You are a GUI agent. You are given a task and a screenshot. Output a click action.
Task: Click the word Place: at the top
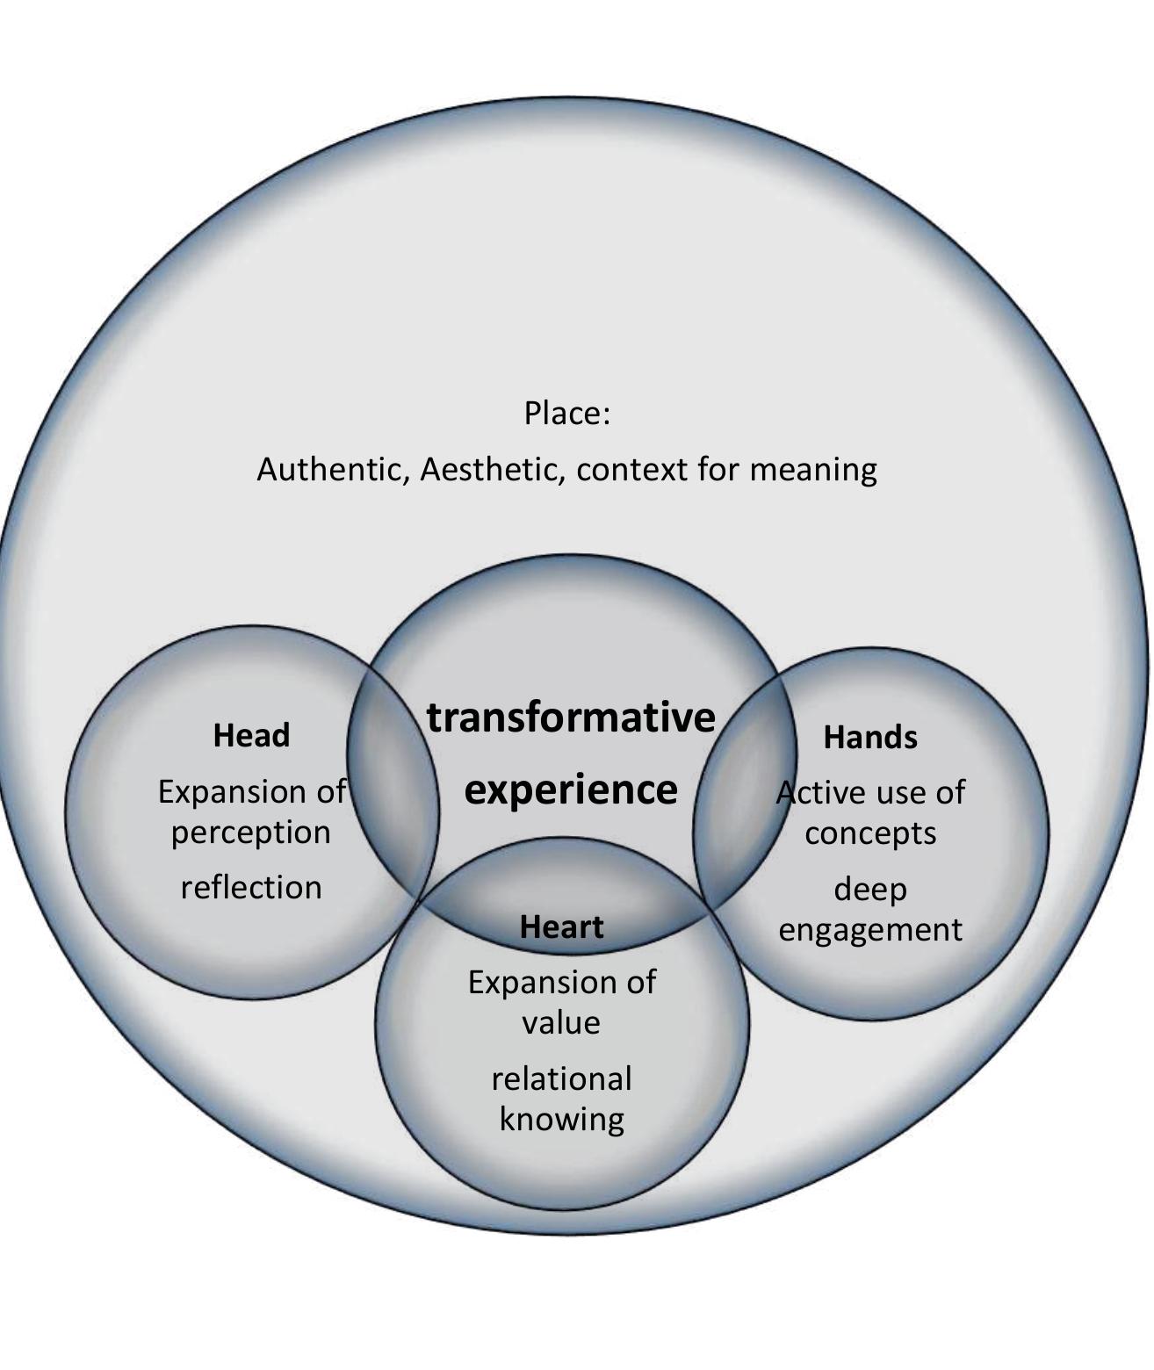tap(566, 413)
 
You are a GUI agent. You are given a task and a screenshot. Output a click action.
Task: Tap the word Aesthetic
tap(493, 470)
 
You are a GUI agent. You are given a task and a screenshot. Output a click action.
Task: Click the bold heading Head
tap(251, 735)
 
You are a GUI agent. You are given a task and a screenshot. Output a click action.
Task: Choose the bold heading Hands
tap(870, 737)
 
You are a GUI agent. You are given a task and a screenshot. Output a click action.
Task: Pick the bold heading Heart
tap(561, 927)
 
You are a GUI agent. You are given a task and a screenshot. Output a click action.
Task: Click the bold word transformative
tap(571, 717)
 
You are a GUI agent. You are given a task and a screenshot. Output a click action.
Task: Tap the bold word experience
tap(571, 789)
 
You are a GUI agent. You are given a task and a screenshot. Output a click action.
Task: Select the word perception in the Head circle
tap(251, 833)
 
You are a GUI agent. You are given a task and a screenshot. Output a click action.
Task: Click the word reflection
tap(251, 888)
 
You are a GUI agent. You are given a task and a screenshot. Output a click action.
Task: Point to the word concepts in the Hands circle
tap(870, 833)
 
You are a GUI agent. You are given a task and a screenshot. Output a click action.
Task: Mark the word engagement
tap(870, 929)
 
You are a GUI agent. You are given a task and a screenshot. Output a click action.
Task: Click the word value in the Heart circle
tap(561, 1023)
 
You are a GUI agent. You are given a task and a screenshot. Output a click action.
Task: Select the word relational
tap(561, 1078)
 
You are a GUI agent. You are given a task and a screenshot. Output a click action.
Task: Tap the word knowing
tap(561, 1120)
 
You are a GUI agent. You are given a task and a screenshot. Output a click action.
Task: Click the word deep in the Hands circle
tap(870, 890)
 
